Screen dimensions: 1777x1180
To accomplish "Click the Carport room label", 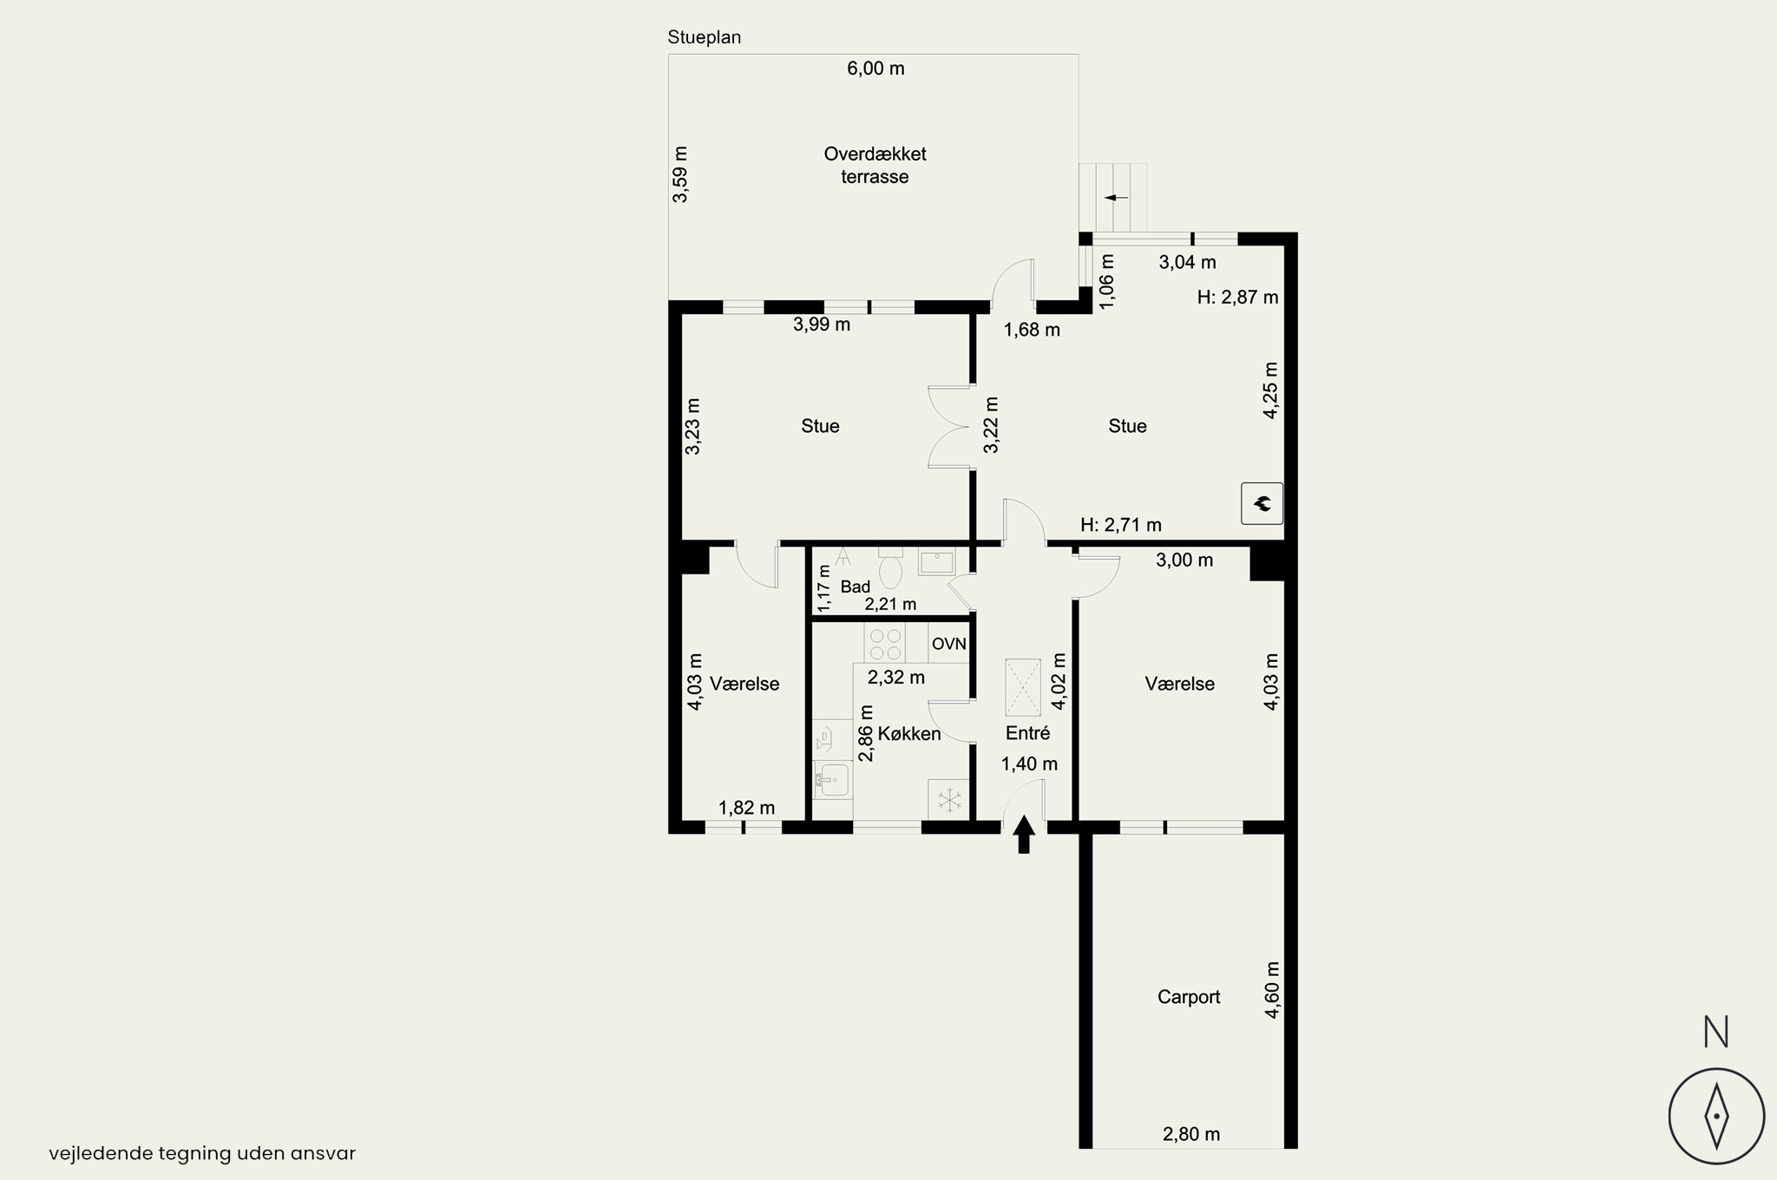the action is click(1189, 997).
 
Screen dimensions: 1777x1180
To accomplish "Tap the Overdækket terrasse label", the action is click(875, 165).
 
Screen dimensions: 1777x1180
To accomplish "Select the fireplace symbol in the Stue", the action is click(1262, 503).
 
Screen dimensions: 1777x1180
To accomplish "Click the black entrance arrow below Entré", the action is click(1024, 834).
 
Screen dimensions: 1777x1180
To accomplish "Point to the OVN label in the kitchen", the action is click(948, 644).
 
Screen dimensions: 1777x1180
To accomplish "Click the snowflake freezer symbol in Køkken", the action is click(949, 799).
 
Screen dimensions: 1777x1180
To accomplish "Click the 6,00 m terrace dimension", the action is click(875, 69).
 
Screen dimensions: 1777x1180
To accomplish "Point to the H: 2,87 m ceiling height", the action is click(1237, 297).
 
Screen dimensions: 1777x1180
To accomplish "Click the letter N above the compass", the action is click(1715, 1032).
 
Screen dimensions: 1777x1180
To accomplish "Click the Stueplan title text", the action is click(705, 37).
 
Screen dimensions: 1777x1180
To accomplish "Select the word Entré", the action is click(1027, 733).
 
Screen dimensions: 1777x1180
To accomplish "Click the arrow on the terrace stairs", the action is click(1116, 198).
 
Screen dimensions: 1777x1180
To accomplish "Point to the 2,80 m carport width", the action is click(1191, 1134).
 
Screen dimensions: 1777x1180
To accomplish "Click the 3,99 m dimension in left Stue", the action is click(822, 324).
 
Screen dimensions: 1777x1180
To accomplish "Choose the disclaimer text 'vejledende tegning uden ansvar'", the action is click(202, 1153).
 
